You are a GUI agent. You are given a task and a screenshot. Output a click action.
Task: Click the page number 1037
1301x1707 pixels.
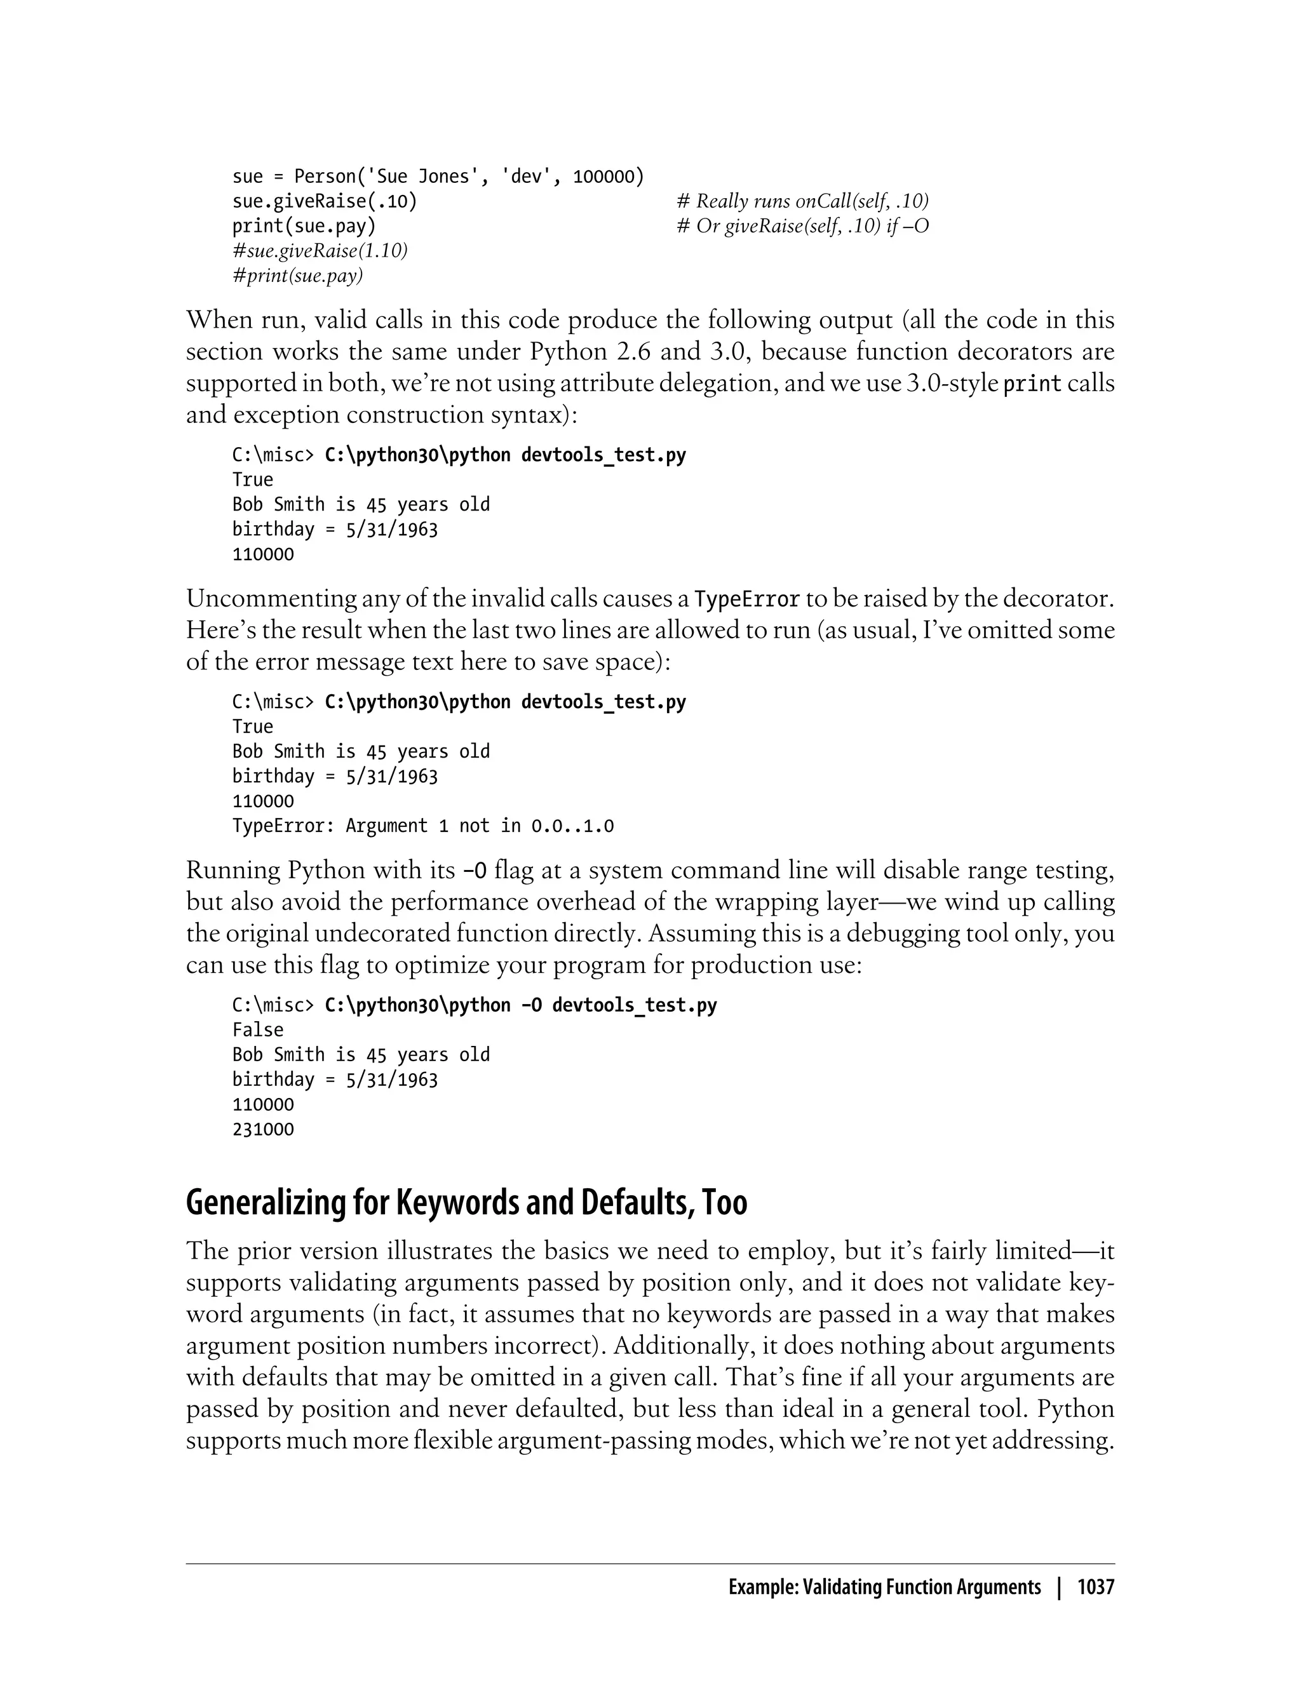pyautogui.click(x=1095, y=1588)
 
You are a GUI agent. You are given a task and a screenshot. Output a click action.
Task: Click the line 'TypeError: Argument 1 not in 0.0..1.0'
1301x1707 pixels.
pyautogui.click(x=423, y=826)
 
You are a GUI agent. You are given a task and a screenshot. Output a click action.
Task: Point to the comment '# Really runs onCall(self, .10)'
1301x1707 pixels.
pyautogui.click(x=802, y=201)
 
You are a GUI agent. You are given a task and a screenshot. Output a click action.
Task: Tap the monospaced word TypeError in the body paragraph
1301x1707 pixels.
pyautogui.click(x=747, y=599)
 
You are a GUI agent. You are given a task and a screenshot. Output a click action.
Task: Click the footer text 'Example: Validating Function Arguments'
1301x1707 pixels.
pyautogui.click(x=884, y=1588)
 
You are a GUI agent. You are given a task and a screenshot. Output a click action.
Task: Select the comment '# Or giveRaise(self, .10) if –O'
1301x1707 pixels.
pyautogui.click(x=802, y=226)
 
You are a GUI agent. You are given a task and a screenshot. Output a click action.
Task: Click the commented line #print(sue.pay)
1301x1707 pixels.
pyautogui.click(x=298, y=276)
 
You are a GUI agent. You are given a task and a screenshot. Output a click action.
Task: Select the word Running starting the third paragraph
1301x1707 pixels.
pyautogui.click(x=233, y=870)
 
